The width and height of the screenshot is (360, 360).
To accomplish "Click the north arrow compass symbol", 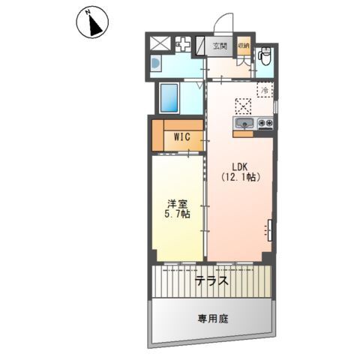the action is point(92,22).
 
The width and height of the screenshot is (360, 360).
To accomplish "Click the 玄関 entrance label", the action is point(220,46).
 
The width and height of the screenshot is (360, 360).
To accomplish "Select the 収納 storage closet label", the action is point(244,46).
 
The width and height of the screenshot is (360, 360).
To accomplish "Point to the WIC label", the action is point(182,136).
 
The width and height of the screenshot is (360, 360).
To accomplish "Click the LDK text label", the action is point(240,166).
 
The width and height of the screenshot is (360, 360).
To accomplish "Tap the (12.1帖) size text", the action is point(241,177).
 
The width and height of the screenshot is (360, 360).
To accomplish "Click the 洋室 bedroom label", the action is point(177,204).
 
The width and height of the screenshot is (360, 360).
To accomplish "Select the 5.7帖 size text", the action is point(177,214).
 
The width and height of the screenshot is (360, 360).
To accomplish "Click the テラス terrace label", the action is point(211,281).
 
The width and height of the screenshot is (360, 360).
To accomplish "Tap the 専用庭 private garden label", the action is point(213,319).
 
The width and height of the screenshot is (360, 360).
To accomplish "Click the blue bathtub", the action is point(169,98).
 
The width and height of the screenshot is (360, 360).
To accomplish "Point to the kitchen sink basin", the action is point(244,123).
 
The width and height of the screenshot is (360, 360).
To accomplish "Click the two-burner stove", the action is point(265,123).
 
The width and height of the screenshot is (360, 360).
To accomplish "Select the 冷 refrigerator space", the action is point(265,89).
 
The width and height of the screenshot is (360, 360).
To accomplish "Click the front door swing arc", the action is point(223,21).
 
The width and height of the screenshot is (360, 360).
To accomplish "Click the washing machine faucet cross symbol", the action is point(183,44).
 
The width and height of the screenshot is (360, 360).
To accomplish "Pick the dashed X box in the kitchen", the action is point(243,106).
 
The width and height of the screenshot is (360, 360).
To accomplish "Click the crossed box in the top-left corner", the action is point(161,43).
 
